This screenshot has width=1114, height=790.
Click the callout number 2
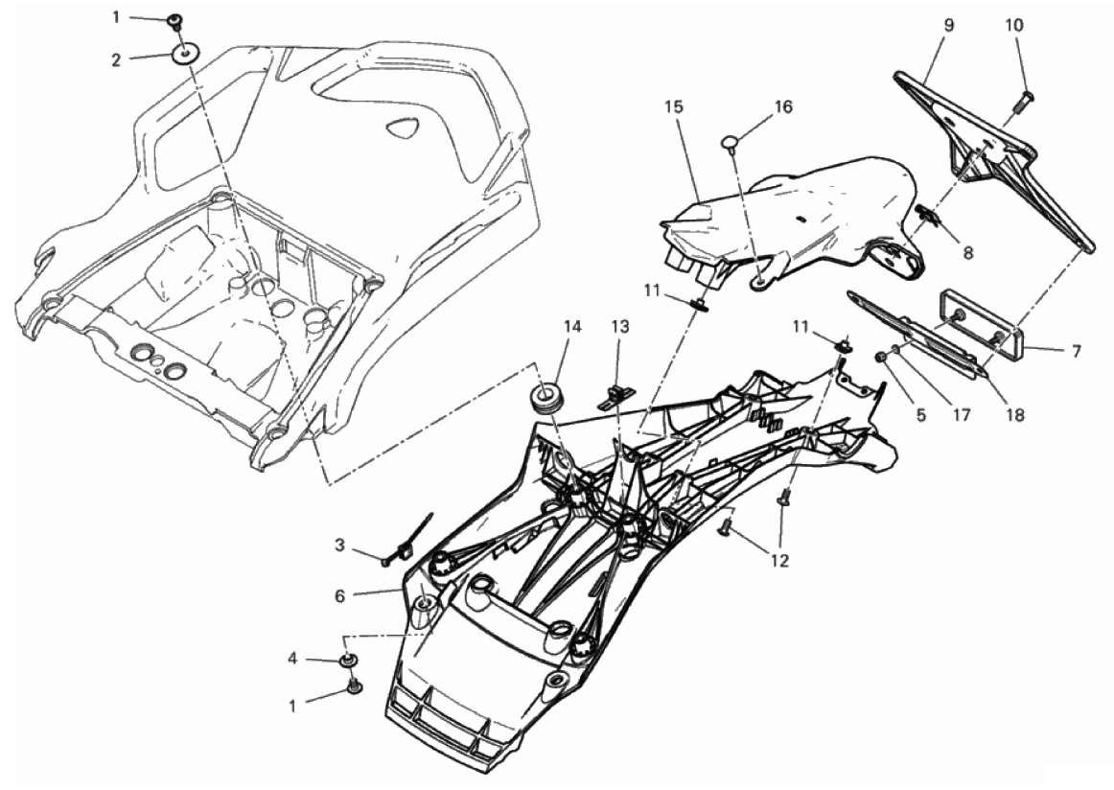117,59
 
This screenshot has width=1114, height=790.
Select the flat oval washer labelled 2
185,54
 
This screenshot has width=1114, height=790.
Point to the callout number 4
292,659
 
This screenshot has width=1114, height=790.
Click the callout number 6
340,595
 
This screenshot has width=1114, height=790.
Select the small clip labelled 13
615,396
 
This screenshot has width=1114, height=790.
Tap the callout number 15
674,106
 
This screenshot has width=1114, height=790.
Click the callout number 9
949,25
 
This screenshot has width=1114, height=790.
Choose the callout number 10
1014,25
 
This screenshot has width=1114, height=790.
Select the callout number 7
1077,351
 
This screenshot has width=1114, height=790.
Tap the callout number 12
780,561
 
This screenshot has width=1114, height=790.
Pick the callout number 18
1016,415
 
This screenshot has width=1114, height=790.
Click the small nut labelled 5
881,357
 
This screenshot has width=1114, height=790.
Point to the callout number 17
962,415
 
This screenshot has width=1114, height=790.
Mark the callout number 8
967,251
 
